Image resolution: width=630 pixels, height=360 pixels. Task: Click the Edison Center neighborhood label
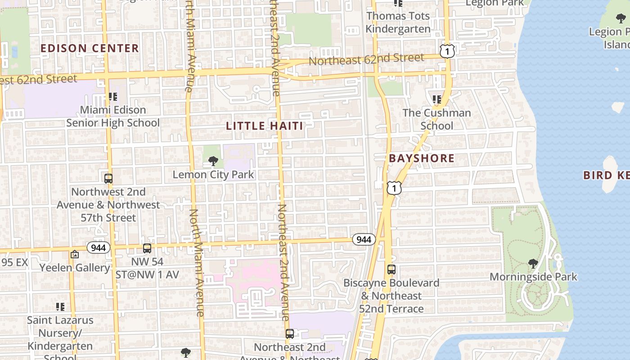(90, 48)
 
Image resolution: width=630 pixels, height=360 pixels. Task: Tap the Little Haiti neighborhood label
(265, 126)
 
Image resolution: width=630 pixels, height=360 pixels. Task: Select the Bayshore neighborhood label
(422, 158)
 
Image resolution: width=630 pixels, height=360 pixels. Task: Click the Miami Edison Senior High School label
(113, 117)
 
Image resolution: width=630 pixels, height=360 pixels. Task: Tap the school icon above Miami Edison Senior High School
(112, 97)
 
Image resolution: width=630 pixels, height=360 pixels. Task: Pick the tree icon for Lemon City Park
(213, 161)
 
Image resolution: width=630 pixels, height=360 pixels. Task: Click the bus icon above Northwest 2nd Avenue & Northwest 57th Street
(108, 178)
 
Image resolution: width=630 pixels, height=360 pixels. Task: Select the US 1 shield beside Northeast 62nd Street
(447, 51)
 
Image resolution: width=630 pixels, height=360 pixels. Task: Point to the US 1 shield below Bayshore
(394, 188)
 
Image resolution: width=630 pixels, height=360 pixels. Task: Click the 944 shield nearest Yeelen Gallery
(99, 247)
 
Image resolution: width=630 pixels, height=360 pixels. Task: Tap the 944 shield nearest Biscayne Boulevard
(364, 239)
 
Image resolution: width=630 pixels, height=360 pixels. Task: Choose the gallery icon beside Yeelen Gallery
(75, 255)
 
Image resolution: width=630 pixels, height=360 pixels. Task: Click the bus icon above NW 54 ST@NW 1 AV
(147, 248)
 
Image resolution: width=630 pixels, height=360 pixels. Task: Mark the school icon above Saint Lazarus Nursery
(60, 307)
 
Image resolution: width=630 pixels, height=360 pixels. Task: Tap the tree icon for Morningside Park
(533, 263)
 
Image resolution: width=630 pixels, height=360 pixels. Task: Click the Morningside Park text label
(533, 277)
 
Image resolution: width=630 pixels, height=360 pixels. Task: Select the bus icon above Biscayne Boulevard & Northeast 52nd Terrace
(391, 270)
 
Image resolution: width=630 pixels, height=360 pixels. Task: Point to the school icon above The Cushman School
(436, 99)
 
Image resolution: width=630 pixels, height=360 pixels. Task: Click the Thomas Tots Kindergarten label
(398, 22)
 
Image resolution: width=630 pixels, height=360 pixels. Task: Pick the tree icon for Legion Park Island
(621, 18)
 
